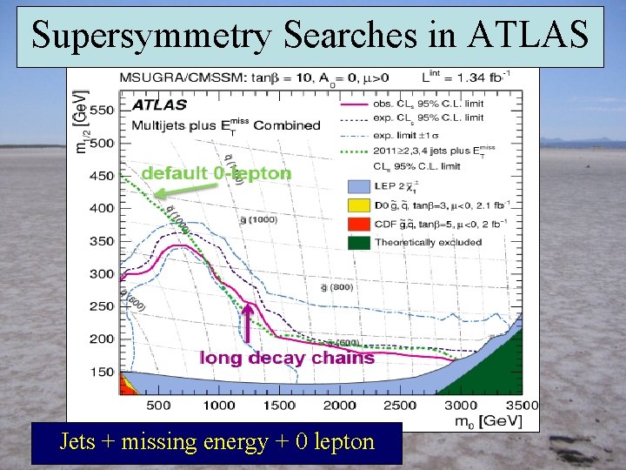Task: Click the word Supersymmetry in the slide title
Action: click(x=155, y=35)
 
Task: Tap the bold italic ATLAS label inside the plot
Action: click(x=159, y=104)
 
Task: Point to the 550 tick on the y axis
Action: click(x=102, y=111)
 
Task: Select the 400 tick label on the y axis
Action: click(x=102, y=208)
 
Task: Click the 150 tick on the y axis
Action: click(x=102, y=372)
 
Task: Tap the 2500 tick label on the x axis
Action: click(x=400, y=405)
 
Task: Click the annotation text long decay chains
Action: click(x=287, y=357)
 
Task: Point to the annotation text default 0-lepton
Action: click(x=216, y=173)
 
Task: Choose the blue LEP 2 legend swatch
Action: click(x=357, y=186)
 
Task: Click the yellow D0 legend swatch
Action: click(x=357, y=205)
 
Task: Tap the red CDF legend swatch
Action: click(x=357, y=224)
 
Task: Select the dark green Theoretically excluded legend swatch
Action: click(x=357, y=242)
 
